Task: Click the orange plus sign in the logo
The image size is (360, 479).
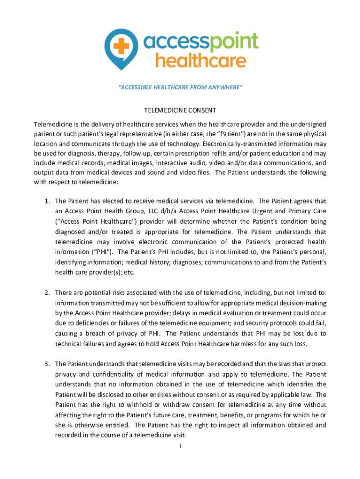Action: pyautogui.click(x=123, y=46)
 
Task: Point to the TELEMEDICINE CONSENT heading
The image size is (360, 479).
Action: pyautogui.click(x=180, y=110)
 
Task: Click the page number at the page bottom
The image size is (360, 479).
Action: pyautogui.click(x=180, y=446)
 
